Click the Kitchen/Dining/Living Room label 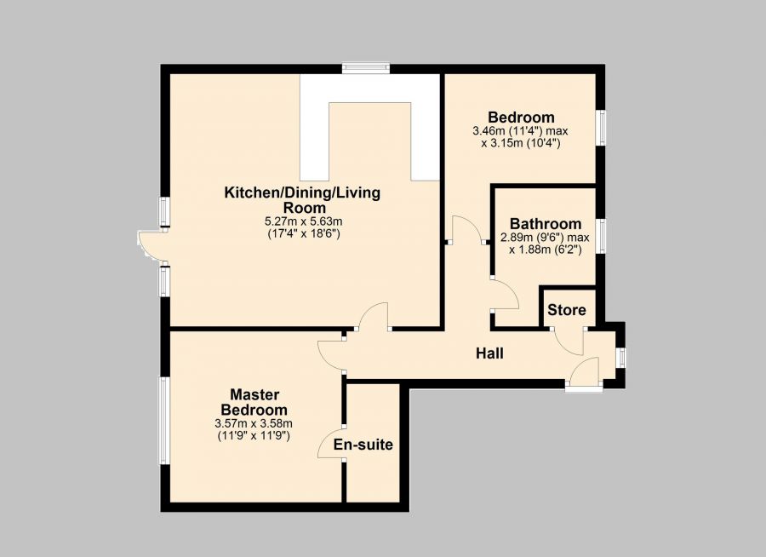click(302, 200)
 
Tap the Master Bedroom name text click(254, 402)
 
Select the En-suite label click(363, 445)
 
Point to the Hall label click(489, 353)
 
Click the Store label click(565, 309)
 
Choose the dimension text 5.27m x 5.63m click(302, 221)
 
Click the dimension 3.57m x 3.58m click(254, 423)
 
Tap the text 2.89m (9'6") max click(546, 238)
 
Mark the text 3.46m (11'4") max click(520, 131)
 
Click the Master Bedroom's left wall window click(163, 421)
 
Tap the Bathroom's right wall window click(601, 235)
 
